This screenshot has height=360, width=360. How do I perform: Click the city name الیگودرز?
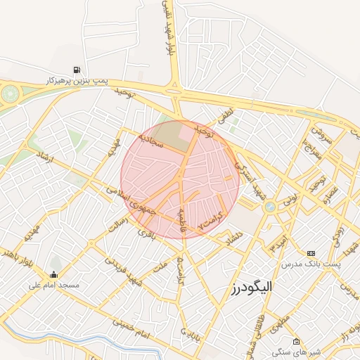tap(250, 287)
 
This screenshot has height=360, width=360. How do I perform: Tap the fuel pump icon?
tap(76, 70)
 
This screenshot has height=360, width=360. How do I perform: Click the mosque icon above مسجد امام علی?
tap(54, 274)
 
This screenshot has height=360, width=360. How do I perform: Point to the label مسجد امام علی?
tap(54, 285)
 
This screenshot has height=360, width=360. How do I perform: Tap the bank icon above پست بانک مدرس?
tap(311, 253)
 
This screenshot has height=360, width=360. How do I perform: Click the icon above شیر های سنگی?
tap(296, 341)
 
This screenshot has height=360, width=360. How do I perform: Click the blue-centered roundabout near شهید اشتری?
tap(269, 207)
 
